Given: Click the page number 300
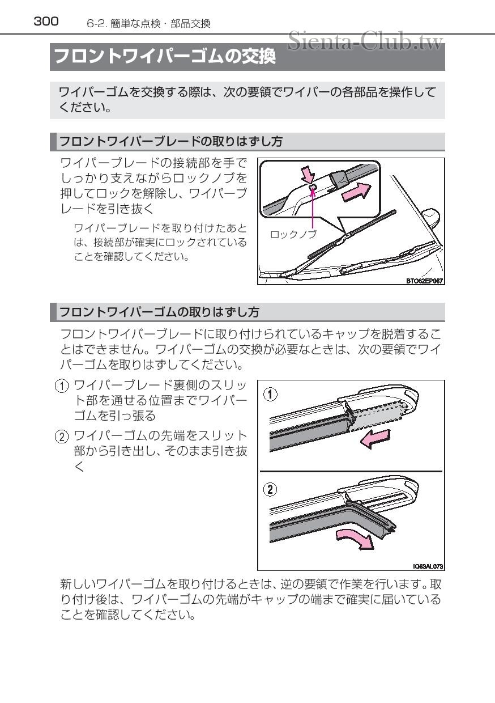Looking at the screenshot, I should [x=46, y=22].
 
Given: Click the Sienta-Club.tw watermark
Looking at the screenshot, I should [x=365, y=41].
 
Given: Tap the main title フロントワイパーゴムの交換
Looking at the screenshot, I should [x=165, y=57].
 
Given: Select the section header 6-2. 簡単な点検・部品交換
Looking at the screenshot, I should [x=148, y=23].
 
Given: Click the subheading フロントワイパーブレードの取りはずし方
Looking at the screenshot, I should [x=170, y=141].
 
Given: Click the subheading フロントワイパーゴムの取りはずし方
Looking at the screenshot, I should [x=159, y=312].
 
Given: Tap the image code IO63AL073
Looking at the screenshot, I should [x=428, y=566].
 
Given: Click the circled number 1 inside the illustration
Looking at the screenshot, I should [x=272, y=395].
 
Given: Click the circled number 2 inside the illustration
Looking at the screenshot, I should [x=272, y=489].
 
